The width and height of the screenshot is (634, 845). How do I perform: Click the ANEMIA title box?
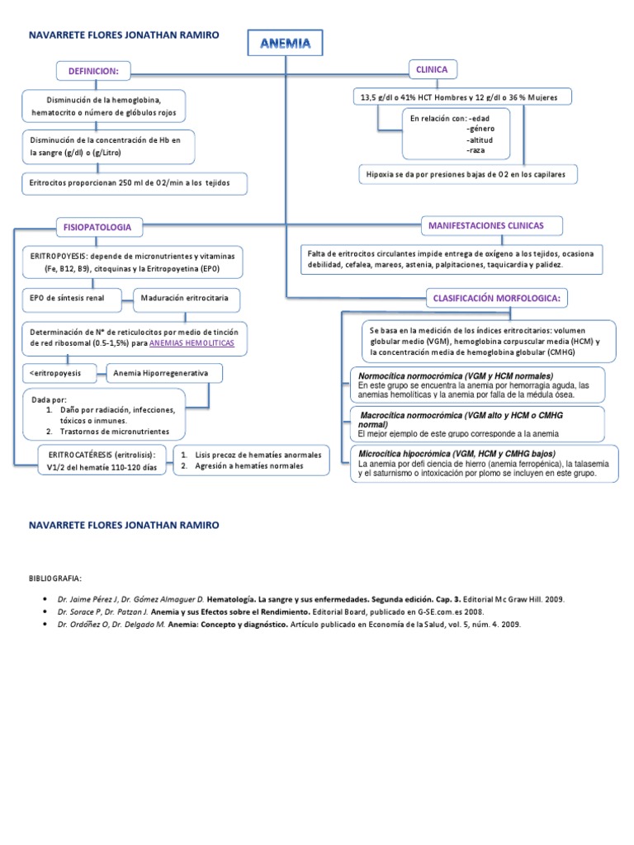285,44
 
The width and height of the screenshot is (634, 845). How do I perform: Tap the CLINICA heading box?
433,69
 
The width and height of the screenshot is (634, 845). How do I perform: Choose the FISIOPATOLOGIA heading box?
97,226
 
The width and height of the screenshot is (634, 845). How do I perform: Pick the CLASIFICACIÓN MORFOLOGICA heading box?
497,297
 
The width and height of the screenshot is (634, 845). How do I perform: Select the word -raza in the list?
475,150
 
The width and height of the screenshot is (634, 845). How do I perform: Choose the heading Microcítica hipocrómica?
457,455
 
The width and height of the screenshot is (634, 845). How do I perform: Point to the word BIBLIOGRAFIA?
56,578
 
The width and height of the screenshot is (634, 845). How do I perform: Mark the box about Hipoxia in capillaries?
467,174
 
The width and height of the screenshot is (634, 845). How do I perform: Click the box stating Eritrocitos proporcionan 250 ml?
134,182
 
